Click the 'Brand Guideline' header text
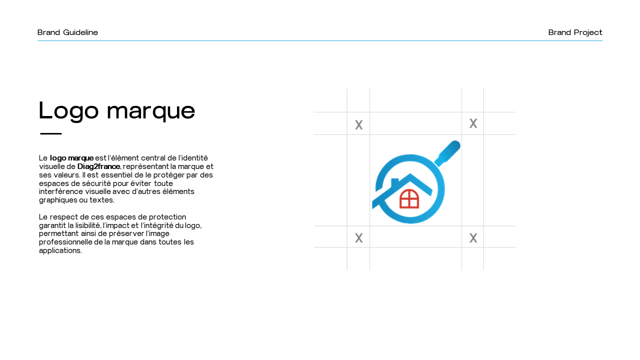pos(67,32)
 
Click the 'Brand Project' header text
pos(575,32)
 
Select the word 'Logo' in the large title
pos(68,111)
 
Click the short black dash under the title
pos(51,133)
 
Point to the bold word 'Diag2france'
pos(98,166)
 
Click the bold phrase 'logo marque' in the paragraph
pos(71,158)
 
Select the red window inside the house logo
pos(409,198)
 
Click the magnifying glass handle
pos(447,153)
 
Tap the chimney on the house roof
pos(394,183)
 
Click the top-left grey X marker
pos(359,125)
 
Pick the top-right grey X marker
pos(473,123)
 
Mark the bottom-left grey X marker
pos(359,237)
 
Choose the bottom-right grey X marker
pos(473,237)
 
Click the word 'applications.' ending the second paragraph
pos(60,250)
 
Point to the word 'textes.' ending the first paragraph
pos(102,200)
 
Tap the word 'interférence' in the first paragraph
pos(61,191)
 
